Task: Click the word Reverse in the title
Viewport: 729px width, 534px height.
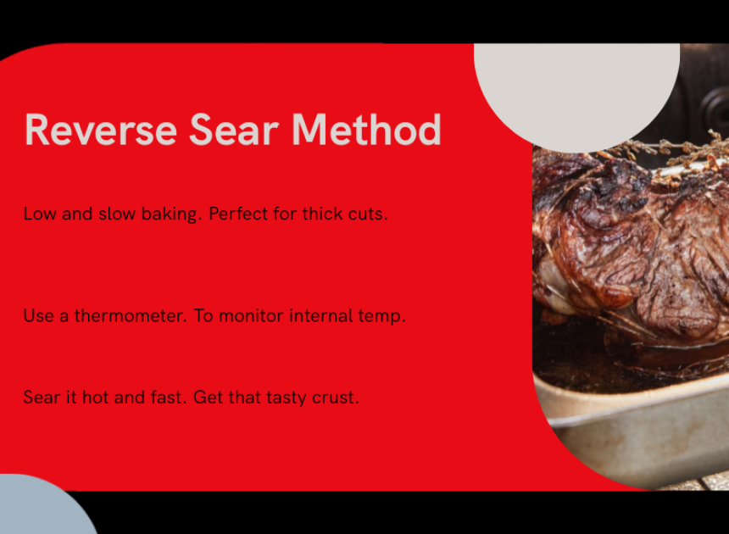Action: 101,131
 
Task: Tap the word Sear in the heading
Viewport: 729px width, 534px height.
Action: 234,131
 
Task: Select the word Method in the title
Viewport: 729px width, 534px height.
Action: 366,130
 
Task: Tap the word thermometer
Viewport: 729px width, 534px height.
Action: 131,316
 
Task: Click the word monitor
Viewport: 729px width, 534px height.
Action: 251,316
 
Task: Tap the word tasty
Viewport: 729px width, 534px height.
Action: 287,398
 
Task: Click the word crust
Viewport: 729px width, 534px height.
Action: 336,398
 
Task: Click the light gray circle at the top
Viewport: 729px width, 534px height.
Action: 576,88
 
